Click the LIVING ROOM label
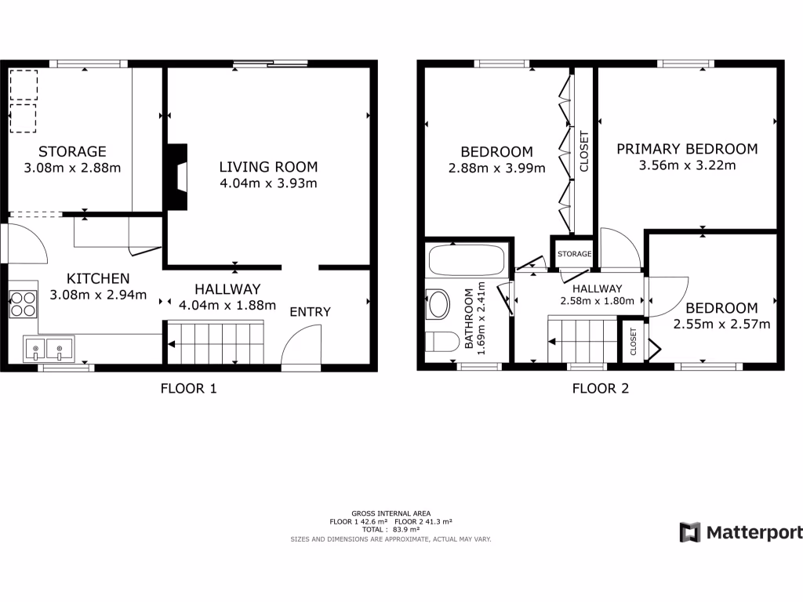[268, 166]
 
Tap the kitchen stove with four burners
[24, 303]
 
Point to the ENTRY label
[311, 312]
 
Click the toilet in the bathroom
[441, 342]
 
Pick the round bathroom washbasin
[438, 304]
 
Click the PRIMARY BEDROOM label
[687, 149]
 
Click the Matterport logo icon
[689, 532]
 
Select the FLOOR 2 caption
[600, 387]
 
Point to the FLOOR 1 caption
[188, 387]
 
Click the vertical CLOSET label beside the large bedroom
[583, 151]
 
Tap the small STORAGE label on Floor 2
[574, 254]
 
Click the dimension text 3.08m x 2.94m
[98, 295]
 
